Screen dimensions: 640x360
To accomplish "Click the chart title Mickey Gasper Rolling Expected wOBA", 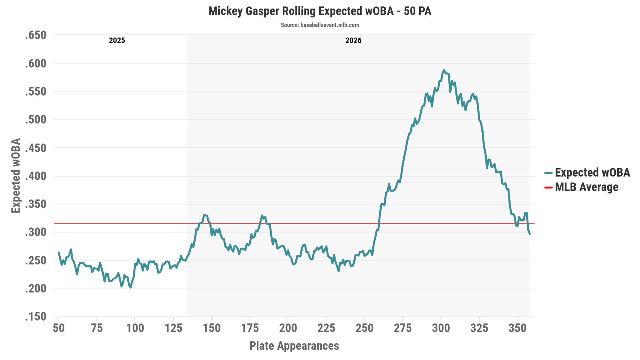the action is [x=301, y=11].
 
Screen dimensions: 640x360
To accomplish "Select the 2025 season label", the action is [x=117, y=41].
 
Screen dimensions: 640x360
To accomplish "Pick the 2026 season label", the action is [x=353, y=41].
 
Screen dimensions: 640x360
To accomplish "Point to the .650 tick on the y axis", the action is [x=36, y=35].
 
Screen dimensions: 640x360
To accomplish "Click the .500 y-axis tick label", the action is [x=36, y=120].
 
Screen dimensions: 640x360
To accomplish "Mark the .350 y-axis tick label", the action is [x=36, y=204].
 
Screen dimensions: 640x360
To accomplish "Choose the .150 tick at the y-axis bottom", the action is [x=36, y=317].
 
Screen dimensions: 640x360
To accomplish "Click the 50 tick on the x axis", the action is [x=59, y=328].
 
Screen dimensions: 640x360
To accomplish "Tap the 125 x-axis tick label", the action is [x=173, y=328].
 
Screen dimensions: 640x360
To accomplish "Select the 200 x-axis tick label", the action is [x=288, y=328].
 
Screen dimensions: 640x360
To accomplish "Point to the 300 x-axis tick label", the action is [x=441, y=328].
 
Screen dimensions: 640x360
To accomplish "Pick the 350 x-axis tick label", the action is [x=517, y=328].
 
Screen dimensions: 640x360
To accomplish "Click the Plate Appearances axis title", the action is [x=294, y=346].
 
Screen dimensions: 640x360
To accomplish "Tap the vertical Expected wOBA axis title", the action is [x=16, y=176].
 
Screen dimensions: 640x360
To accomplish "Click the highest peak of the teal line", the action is [x=444, y=70].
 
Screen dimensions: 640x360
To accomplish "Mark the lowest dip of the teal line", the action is [x=130, y=287].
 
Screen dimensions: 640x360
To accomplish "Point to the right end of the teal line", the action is [x=530, y=233].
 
